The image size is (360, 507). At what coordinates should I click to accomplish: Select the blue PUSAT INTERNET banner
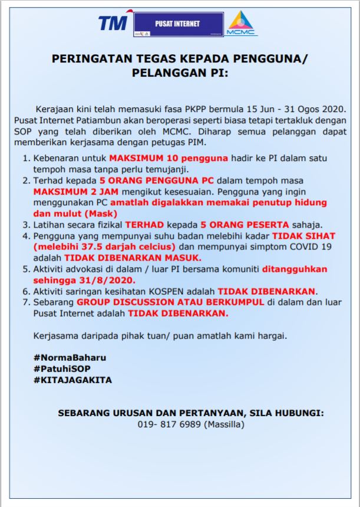[177, 24]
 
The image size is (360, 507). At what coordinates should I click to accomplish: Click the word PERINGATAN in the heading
[87, 60]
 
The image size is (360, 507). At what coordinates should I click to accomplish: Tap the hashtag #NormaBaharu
[65, 357]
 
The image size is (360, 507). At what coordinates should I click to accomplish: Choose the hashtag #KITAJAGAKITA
[72, 380]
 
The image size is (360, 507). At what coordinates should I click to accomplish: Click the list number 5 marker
[26, 269]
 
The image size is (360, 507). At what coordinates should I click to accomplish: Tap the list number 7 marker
[26, 302]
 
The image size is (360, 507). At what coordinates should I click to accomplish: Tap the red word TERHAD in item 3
[143, 225]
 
